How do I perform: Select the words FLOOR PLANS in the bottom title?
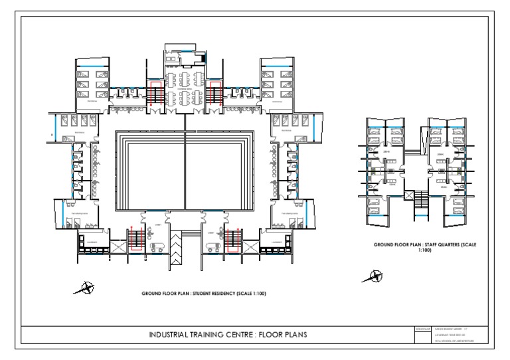point(281,334)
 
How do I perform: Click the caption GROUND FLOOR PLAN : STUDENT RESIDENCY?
point(205,293)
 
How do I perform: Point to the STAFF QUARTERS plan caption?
point(426,247)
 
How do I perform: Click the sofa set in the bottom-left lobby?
point(159,246)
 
